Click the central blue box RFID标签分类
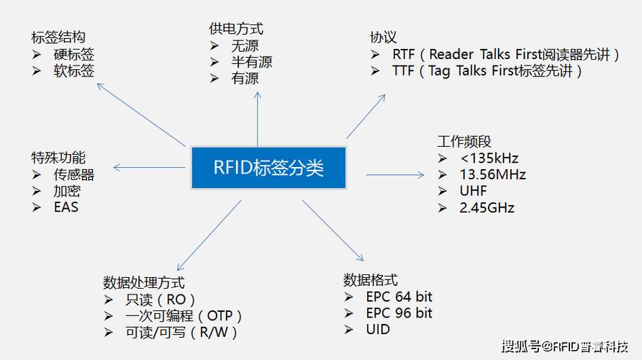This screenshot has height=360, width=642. (x=268, y=168)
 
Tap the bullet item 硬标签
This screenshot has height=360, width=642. (x=73, y=54)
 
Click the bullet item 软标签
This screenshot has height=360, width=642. (x=73, y=71)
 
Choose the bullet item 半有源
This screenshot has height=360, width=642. (x=252, y=62)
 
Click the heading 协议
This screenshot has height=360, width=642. (x=383, y=37)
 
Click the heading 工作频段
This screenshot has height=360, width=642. (x=464, y=141)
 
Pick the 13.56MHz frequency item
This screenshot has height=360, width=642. (x=492, y=174)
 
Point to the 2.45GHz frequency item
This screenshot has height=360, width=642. (x=487, y=207)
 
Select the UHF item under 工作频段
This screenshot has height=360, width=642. (x=473, y=191)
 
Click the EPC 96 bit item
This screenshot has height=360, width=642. (x=399, y=313)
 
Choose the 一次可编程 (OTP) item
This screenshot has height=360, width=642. (x=184, y=316)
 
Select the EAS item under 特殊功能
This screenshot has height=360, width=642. (x=65, y=207)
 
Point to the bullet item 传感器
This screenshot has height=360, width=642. (x=73, y=174)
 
